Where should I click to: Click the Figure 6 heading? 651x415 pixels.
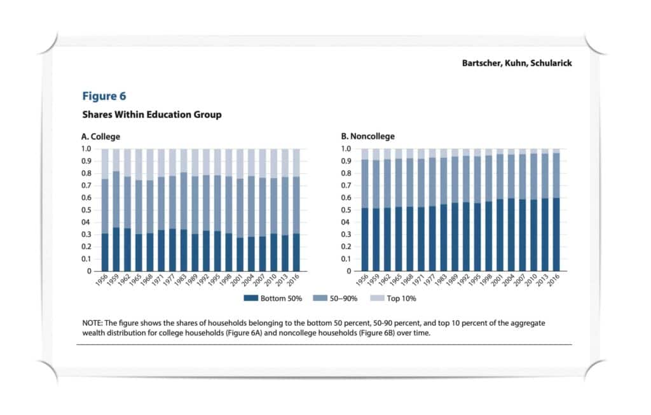click(104, 96)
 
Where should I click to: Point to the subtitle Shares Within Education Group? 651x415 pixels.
click(151, 115)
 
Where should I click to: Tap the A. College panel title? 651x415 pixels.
click(100, 136)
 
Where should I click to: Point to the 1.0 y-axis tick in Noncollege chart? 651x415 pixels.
click(346, 149)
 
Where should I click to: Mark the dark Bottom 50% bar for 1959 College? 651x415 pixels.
click(116, 250)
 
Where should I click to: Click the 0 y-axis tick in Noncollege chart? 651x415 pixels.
click(350, 271)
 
